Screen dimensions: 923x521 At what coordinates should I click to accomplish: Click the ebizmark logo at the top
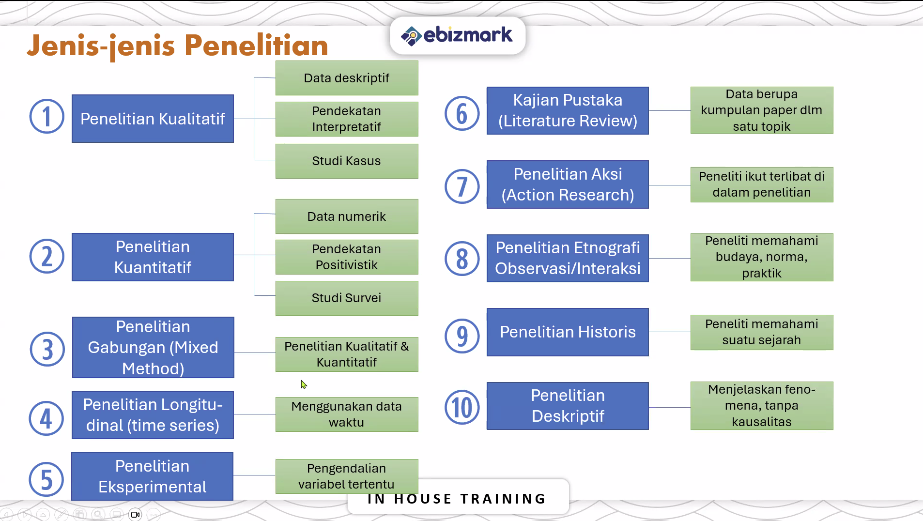[457, 35]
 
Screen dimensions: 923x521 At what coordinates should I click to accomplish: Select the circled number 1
[47, 117]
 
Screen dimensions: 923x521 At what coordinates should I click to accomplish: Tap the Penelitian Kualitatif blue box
[153, 119]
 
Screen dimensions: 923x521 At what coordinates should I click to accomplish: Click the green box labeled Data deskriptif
[347, 78]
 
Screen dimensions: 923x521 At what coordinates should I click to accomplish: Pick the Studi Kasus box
[347, 161]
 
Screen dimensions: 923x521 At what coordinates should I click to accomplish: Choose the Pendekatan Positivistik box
[347, 257]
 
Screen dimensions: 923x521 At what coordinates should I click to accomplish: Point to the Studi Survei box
[347, 298]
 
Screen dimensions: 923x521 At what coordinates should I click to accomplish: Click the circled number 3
[47, 349]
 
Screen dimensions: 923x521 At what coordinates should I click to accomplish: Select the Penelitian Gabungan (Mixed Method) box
[153, 347]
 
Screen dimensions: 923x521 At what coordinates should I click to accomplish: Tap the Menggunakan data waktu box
[347, 414]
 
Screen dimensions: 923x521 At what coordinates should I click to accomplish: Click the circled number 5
[46, 480]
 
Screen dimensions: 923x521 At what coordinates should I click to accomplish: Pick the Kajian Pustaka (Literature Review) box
[568, 110]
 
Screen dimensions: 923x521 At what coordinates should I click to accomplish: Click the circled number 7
[462, 186]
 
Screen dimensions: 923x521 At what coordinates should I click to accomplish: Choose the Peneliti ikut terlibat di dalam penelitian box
[762, 184]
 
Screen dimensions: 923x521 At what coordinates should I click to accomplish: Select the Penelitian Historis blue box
[568, 332]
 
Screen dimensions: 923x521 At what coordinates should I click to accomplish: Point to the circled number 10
[462, 407]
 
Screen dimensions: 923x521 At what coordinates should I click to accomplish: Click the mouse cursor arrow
[304, 384]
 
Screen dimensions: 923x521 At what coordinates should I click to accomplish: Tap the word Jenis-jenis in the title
[101, 46]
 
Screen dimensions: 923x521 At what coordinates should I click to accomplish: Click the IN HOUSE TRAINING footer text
[457, 499]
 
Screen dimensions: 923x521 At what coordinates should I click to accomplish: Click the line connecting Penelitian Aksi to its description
[670, 185]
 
